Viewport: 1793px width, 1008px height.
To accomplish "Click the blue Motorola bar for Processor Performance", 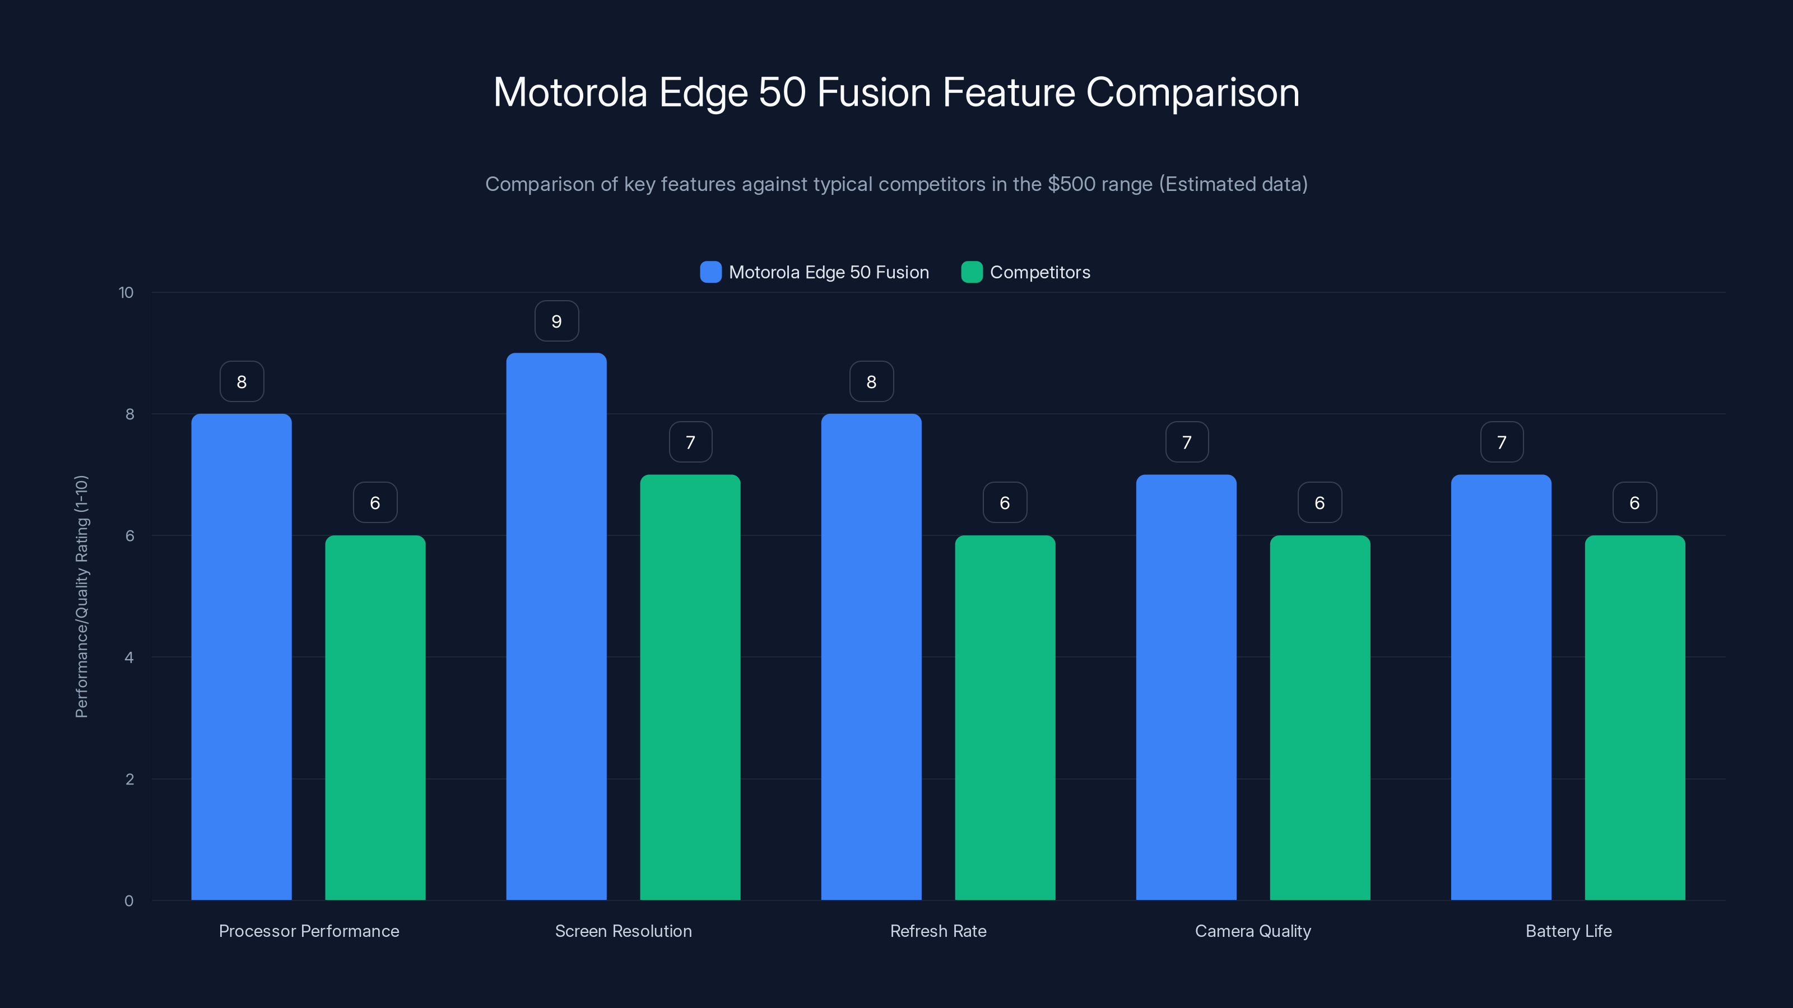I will click(241, 657).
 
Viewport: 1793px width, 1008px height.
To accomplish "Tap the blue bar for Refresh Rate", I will click(871, 657).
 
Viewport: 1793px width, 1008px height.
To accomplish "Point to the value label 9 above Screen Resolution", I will click(556, 321).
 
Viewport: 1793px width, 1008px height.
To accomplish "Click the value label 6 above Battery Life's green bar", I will click(1634, 503).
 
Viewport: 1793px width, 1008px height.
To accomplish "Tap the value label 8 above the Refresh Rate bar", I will click(871, 382).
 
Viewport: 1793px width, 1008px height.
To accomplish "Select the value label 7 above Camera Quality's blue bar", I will click(1187, 442).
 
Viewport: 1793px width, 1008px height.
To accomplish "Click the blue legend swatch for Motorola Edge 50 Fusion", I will click(710, 272).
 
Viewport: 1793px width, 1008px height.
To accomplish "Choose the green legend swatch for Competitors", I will click(972, 272).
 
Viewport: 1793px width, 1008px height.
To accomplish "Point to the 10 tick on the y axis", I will click(126, 293).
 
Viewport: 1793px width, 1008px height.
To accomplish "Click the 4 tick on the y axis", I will click(129, 657).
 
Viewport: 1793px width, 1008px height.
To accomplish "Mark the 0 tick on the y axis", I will click(129, 901).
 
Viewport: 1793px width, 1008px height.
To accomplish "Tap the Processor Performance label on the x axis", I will click(309, 931).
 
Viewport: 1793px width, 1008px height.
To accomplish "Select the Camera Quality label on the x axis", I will click(1253, 931).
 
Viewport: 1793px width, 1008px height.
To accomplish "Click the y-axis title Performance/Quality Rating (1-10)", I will click(81, 596).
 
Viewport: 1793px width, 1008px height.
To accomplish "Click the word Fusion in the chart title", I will click(874, 92).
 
